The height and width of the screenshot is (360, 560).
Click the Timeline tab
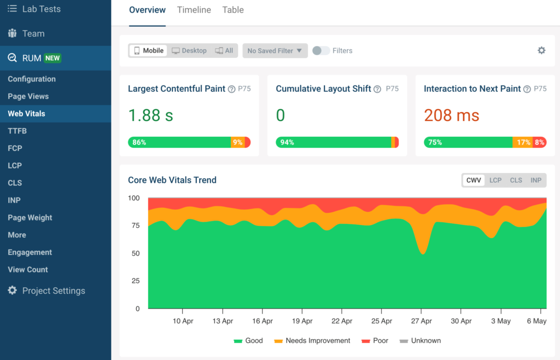194,10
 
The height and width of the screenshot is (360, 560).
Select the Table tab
233,10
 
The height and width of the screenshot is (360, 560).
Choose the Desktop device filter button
189,51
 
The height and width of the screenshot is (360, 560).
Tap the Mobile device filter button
148,51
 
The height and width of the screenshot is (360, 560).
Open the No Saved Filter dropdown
275,51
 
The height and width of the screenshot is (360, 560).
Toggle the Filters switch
321,51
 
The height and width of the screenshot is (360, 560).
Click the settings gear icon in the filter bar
541,50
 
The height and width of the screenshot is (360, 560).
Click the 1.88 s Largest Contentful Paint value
150,115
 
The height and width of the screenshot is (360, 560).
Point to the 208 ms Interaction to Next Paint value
451,115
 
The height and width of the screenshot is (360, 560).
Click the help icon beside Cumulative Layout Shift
377,89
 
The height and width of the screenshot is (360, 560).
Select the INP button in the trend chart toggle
536,180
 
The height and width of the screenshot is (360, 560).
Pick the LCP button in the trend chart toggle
495,180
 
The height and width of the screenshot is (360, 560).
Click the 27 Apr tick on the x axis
422,321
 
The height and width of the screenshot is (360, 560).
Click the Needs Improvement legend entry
312,340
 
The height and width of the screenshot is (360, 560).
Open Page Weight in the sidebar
30,218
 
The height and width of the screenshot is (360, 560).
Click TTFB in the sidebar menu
17,131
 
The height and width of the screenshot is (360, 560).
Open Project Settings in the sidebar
53,291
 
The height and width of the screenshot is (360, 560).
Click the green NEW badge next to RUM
52,58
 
